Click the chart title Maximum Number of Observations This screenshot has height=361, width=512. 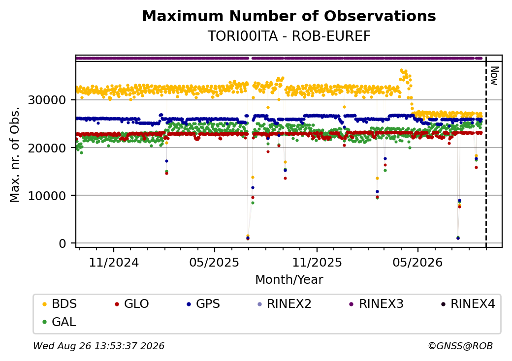point(289,16)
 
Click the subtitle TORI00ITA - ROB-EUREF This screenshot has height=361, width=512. point(289,36)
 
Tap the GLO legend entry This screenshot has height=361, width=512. point(132,304)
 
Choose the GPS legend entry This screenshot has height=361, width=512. point(203,304)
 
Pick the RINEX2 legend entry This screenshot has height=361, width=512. point(285,304)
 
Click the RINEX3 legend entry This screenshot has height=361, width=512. point(377,304)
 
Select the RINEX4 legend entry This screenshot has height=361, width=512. point(468,304)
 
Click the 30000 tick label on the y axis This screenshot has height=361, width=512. point(47,100)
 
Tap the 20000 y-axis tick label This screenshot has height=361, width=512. point(47,148)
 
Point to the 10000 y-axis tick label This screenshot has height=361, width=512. point(47,196)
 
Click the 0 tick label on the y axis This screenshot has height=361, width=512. point(63,243)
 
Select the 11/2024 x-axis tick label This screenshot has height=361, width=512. point(114,262)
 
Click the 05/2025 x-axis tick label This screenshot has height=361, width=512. point(215,262)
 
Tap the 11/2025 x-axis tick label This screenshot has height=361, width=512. point(317,262)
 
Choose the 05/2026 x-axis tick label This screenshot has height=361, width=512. point(417,262)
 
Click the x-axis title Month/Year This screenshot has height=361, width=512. point(289,280)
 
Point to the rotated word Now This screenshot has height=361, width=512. point(495,76)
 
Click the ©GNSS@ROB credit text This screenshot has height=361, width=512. point(460,346)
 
